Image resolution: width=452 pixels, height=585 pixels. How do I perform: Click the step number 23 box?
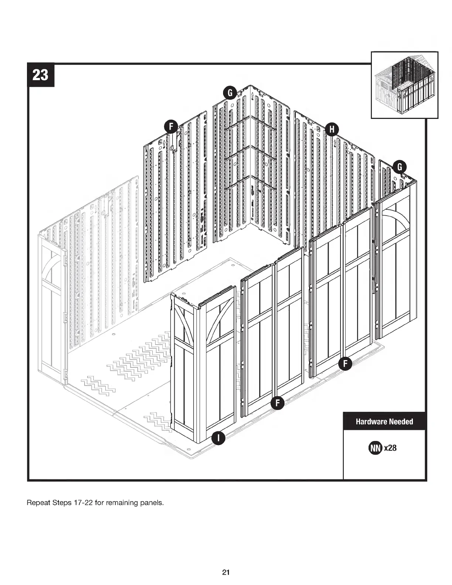coord(41,75)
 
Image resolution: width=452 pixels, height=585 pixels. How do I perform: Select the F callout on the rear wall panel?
coord(171,127)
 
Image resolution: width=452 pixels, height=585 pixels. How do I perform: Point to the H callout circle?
coord(332,129)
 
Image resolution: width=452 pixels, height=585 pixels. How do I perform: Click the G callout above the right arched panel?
coord(400,167)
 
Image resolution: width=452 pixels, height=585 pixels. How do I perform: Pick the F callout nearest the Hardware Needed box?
coord(345,363)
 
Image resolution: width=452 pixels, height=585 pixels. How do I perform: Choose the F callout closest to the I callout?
coord(277,403)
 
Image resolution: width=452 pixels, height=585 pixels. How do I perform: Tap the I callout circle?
coord(218,438)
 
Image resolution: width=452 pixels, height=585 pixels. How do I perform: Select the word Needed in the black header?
coord(401,421)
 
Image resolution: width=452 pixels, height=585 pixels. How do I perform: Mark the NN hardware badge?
coord(375,448)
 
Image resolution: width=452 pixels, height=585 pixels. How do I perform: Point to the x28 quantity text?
coord(390,448)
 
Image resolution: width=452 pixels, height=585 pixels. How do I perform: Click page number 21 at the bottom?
coord(226,573)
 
